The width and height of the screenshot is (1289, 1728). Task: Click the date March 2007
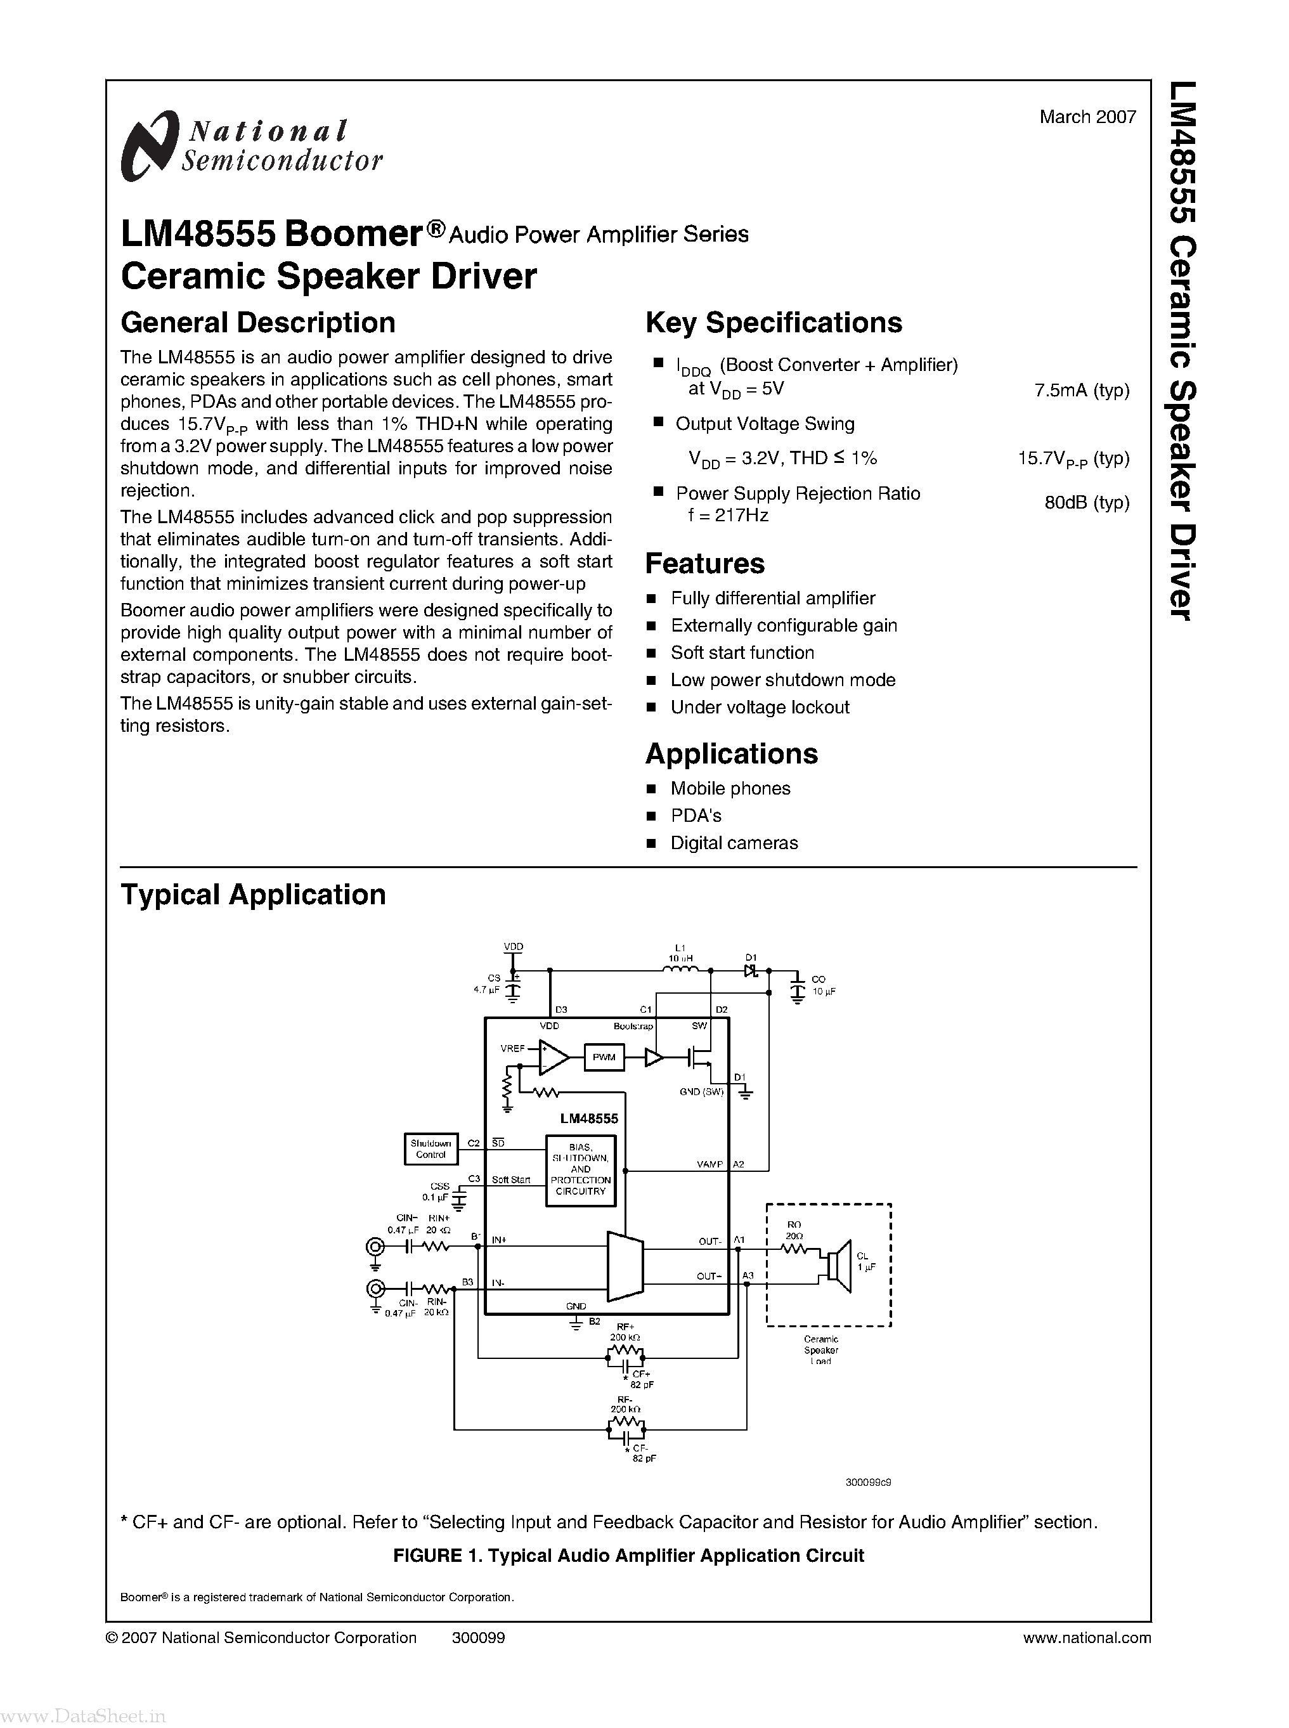(x=1087, y=117)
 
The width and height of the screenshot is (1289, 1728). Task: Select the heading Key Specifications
(x=774, y=322)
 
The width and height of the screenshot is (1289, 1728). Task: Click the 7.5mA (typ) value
(x=1082, y=390)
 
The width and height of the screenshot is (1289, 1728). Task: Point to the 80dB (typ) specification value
(x=1087, y=503)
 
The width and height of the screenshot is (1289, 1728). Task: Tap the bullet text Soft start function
(x=742, y=653)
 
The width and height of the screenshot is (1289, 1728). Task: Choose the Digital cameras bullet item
(x=734, y=843)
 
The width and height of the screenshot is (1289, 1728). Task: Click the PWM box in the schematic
(x=604, y=1058)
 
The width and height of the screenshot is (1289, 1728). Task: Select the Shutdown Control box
(x=431, y=1149)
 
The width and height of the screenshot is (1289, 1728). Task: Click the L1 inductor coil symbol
(x=680, y=970)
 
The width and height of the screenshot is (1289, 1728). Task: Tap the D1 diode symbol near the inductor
(x=751, y=971)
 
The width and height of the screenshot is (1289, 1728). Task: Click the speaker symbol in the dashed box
(x=837, y=1261)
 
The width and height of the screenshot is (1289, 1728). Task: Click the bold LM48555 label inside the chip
(x=588, y=1119)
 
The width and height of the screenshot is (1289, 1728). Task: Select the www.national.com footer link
(x=1086, y=1637)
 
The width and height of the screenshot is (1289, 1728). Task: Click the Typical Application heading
(x=253, y=895)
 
